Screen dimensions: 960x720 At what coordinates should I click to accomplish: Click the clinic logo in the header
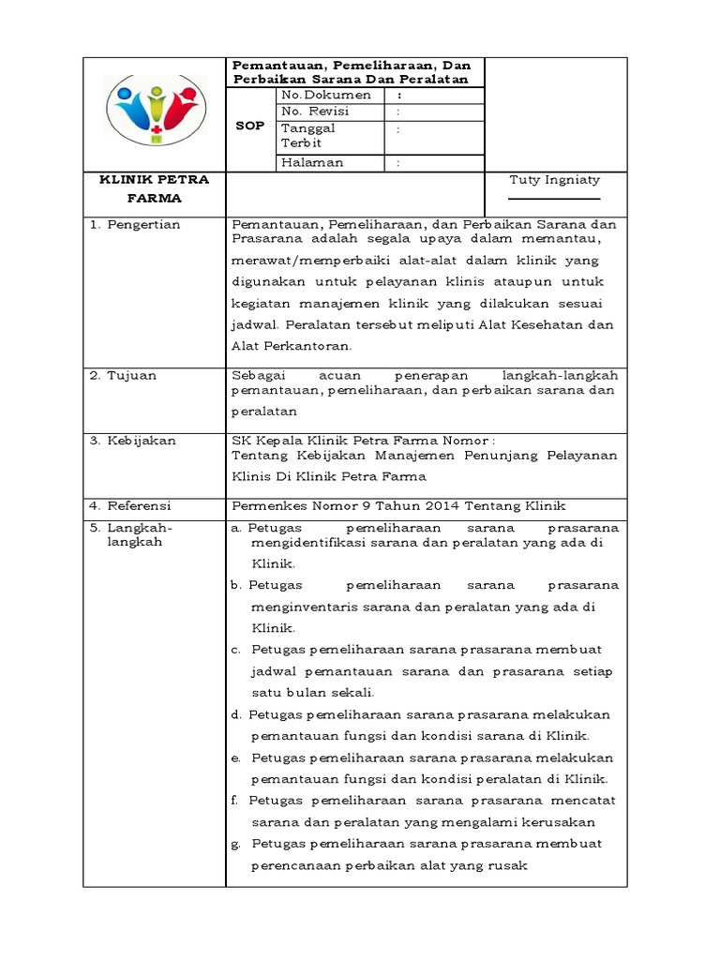pyautogui.click(x=155, y=110)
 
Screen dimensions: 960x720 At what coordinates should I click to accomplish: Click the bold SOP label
pyautogui.click(x=252, y=125)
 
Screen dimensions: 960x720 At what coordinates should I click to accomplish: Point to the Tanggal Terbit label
pyautogui.click(x=308, y=135)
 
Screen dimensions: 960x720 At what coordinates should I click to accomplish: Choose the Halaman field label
pyautogui.click(x=312, y=162)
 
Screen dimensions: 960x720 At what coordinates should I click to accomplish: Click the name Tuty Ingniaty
pyautogui.click(x=554, y=179)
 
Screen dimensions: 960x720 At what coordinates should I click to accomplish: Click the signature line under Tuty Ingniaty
pyautogui.click(x=554, y=199)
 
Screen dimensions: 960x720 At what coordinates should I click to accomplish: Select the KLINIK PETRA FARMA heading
pyautogui.click(x=155, y=188)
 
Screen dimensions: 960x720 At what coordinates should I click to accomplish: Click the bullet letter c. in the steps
pyautogui.click(x=236, y=650)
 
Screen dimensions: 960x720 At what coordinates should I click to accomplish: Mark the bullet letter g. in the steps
pyautogui.click(x=236, y=844)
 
